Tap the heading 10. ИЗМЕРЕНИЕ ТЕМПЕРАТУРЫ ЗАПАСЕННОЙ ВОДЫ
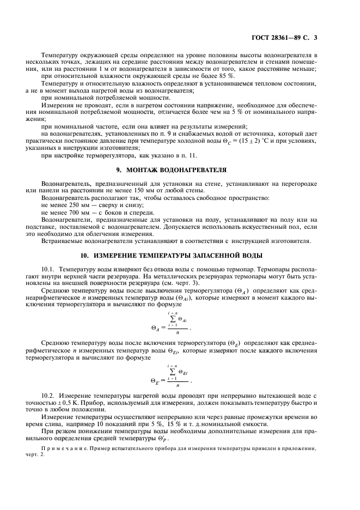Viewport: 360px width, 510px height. (180, 255)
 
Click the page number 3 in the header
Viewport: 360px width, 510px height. (315, 38)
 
